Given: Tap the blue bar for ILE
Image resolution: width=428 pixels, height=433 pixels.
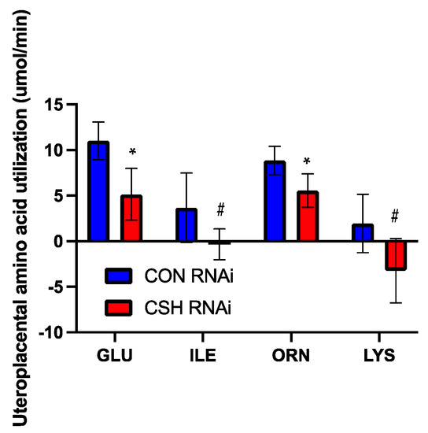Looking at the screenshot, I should (x=186, y=225).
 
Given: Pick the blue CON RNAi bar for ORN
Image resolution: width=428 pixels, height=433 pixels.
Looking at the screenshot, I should (x=275, y=201).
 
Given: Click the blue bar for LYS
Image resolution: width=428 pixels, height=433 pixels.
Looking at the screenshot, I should (x=363, y=232).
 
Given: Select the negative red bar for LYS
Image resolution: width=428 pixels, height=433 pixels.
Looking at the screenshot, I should (x=395, y=255).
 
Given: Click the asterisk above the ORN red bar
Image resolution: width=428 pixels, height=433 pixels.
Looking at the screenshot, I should (x=308, y=162).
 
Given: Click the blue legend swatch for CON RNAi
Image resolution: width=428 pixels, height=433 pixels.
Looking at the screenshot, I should (x=122, y=276).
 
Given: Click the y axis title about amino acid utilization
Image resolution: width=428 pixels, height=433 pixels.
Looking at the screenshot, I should (x=17, y=216).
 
